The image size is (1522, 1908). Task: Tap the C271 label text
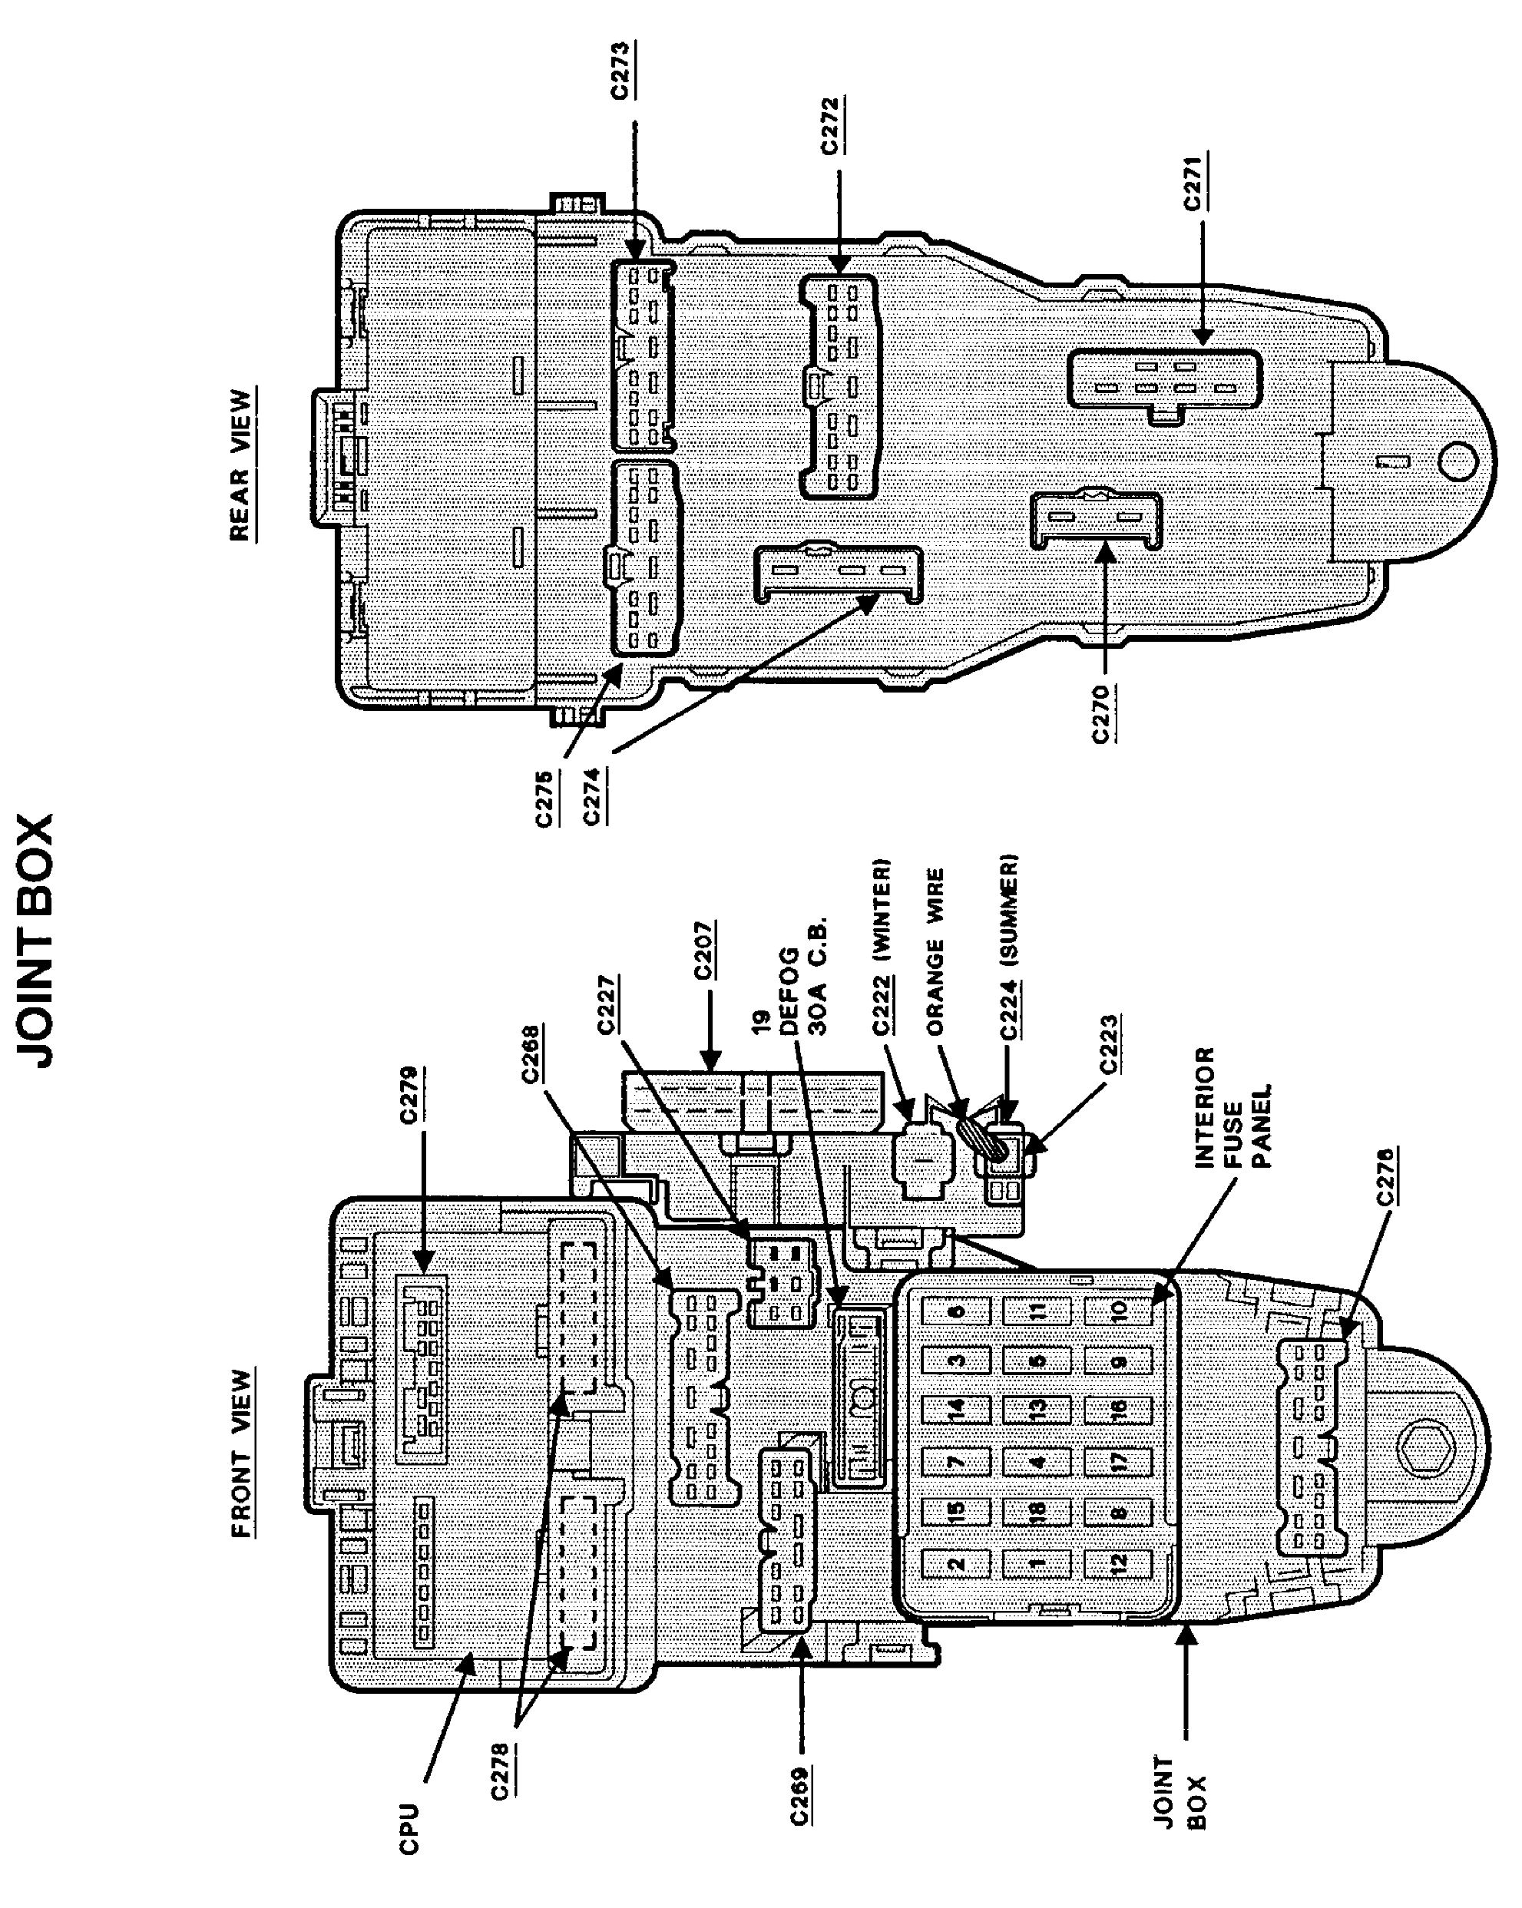point(1193,182)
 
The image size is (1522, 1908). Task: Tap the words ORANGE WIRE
point(935,951)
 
